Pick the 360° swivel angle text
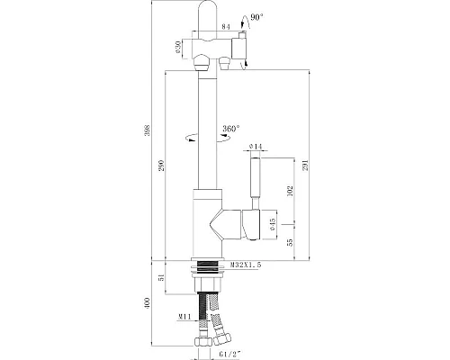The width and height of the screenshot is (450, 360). point(229,129)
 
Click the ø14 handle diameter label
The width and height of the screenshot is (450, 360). point(255,145)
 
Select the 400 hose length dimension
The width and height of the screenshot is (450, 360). point(148,307)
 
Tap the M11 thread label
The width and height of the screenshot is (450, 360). point(182,316)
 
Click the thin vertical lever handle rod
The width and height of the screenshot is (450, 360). point(254,180)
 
